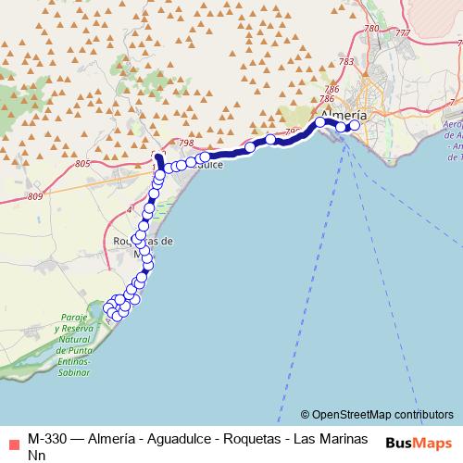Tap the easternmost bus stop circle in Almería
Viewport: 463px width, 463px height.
click(354, 125)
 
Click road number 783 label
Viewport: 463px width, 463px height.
click(345, 62)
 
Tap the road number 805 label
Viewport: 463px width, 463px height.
click(82, 164)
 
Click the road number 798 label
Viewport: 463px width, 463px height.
click(186, 143)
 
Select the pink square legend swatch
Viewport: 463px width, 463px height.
click(10, 439)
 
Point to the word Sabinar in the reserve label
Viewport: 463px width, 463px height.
click(72, 372)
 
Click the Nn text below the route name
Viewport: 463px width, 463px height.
click(35, 455)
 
